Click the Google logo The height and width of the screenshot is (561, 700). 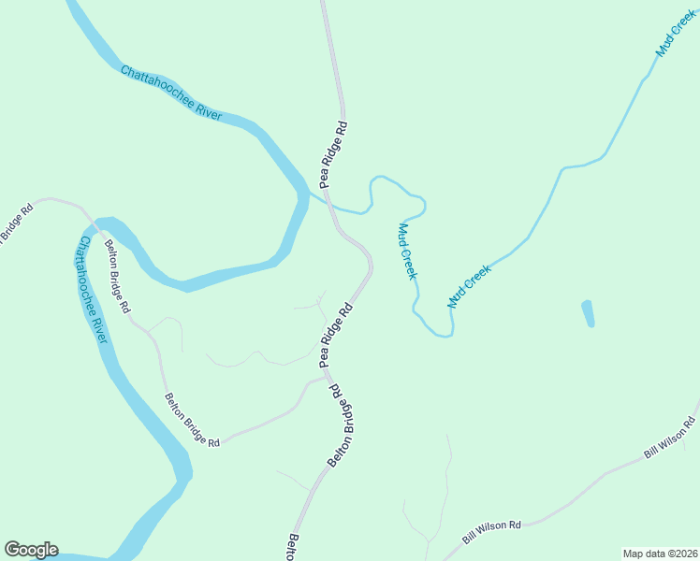pyautogui.click(x=31, y=550)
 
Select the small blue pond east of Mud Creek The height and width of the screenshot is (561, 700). pyautogui.click(x=588, y=313)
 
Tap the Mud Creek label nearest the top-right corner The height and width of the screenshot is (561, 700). pyautogui.click(x=676, y=36)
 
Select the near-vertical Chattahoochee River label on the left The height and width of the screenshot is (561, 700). pyautogui.click(x=92, y=289)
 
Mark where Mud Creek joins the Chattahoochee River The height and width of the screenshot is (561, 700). pyautogui.click(x=311, y=193)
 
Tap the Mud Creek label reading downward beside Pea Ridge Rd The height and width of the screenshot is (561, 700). pyautogui.click(x=406, y=251)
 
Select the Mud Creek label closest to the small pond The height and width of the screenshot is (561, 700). pyautogui.click(x=470, y=286)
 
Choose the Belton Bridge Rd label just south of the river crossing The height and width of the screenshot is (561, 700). pyautogui.click(x=118, y=276)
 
